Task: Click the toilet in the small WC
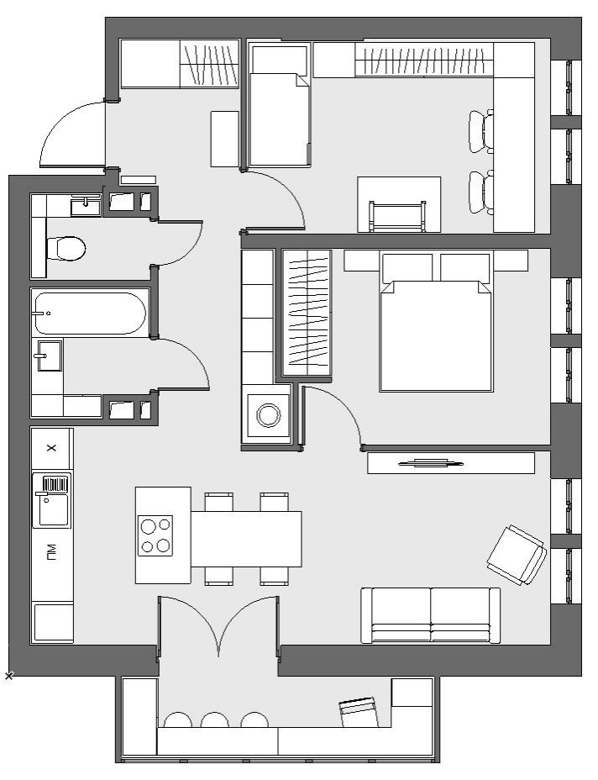66,248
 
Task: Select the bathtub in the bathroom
90,313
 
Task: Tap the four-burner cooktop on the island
155,535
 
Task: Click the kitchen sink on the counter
51,500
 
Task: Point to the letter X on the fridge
51,448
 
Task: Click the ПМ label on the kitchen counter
51,552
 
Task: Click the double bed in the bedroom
435,323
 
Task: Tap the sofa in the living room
431,615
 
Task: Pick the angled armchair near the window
517,555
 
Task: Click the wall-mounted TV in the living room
431,464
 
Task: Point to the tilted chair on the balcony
358,711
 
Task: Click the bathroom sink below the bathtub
50,356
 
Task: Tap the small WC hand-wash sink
86,205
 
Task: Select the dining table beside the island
247,539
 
